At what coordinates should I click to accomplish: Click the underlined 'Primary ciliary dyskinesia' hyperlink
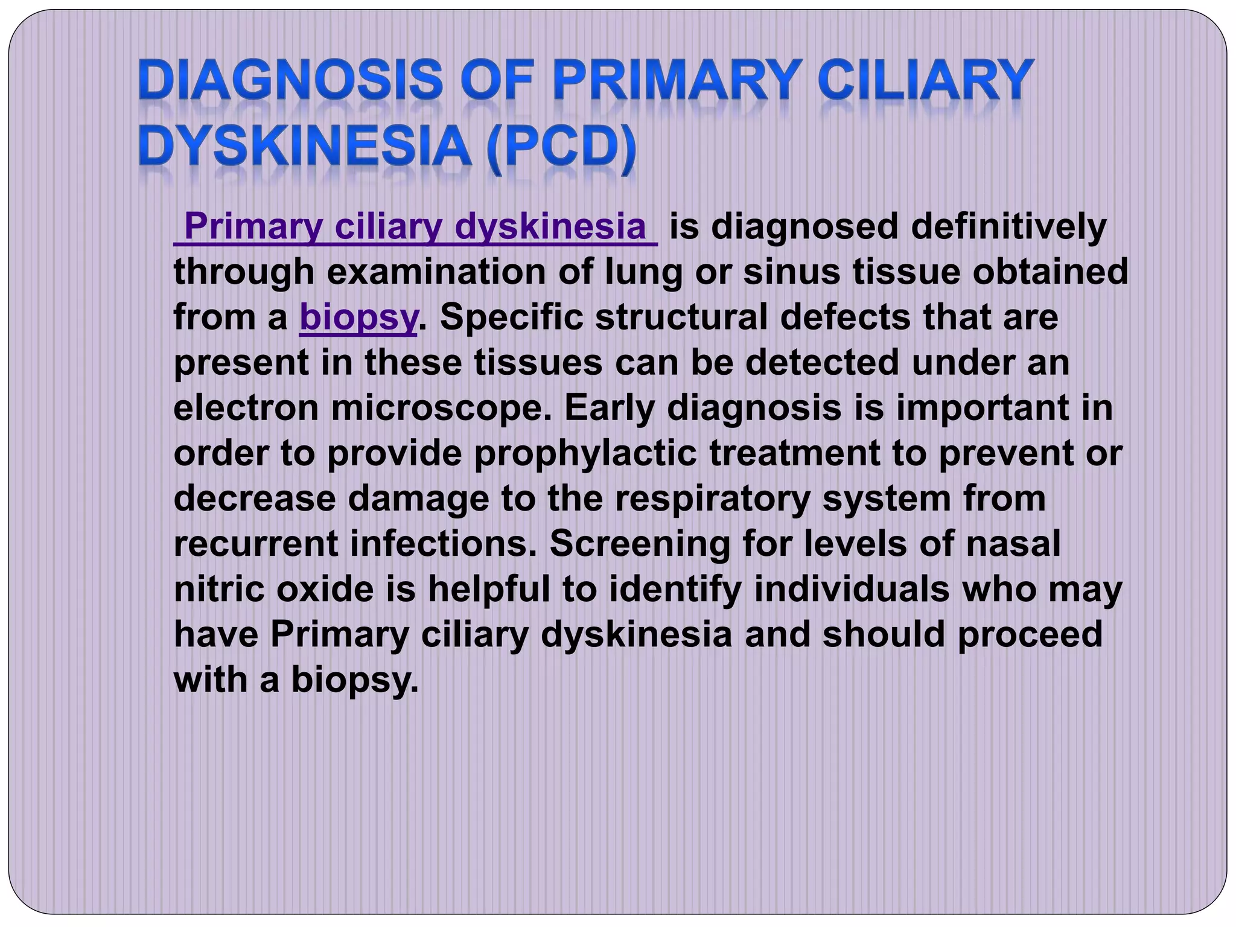point(415,227)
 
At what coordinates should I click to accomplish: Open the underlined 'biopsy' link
point(358,317)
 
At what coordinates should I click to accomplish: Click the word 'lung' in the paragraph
point(643,272)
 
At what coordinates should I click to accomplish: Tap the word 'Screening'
point(640,544)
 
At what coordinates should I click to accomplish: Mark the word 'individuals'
point(852,589)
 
